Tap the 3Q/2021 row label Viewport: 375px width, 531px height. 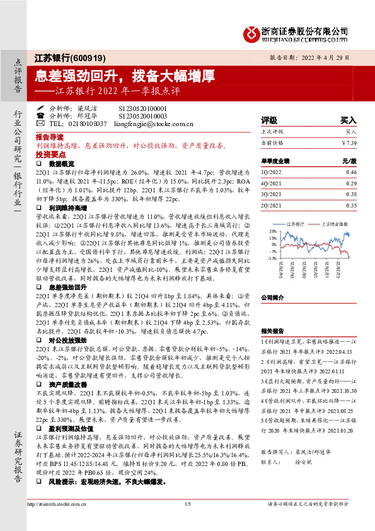click(x=271, y=194)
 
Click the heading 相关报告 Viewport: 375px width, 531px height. click(x=272, y=330)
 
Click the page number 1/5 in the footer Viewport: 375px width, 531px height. click(x=187, y=504)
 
